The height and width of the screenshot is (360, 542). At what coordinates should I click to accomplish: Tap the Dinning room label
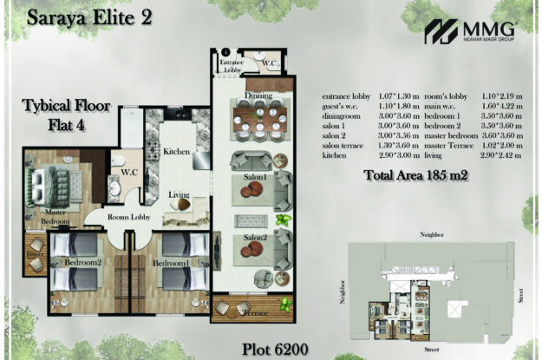click(258, 95)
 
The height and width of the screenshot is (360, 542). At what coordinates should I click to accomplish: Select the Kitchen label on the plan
click(176, 153)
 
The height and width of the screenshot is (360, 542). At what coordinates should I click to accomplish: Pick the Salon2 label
click(253, 238)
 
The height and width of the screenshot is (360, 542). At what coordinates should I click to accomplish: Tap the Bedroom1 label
click(171, 262)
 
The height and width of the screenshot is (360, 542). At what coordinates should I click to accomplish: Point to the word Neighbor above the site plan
click(431, 234)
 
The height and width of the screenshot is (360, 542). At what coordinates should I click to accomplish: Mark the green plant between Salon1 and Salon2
click(282, 220)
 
